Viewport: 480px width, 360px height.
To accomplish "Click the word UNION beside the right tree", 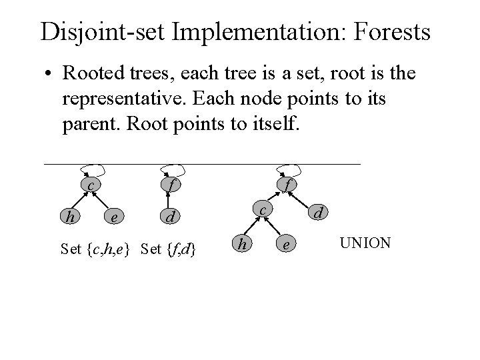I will [365, 243].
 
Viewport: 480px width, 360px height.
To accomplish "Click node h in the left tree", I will [69, 216].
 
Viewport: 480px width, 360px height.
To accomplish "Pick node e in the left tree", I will [115, 217].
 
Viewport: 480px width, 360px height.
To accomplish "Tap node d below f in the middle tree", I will [170, 217].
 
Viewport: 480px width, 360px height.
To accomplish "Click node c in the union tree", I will [263, 211].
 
